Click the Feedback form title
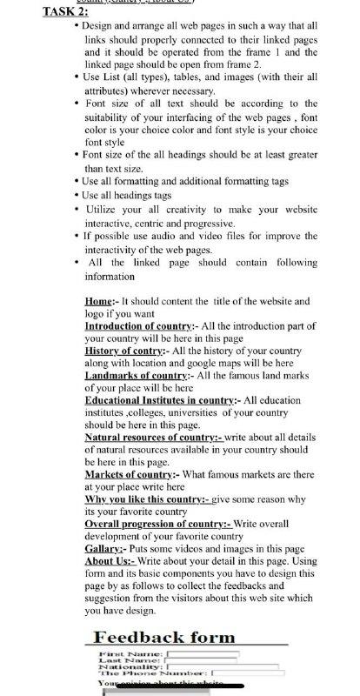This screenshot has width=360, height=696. [164, 638]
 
